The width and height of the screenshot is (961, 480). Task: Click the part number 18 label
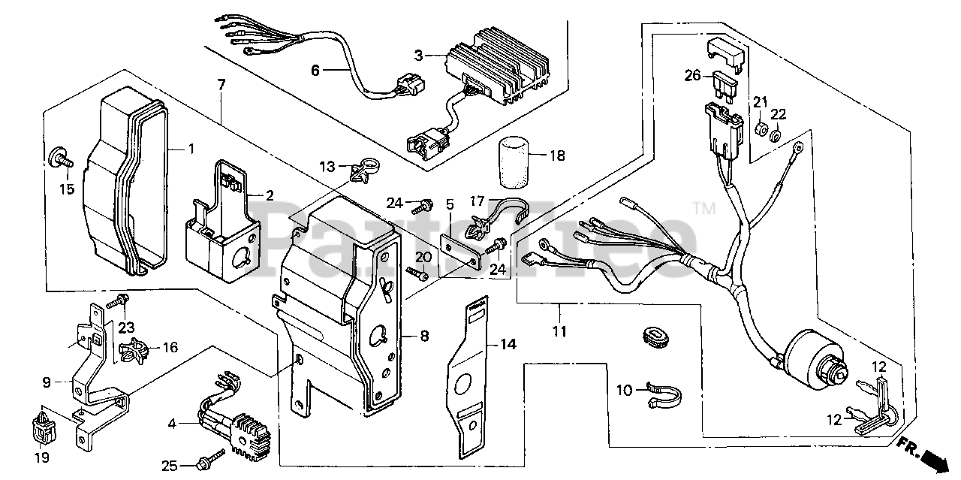(556, 156)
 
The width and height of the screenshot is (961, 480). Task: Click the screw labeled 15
(60, 158)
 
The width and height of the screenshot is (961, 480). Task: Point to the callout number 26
(692, 75)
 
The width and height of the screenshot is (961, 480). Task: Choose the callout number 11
(560, 331)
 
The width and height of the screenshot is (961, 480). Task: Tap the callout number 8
(424, 337)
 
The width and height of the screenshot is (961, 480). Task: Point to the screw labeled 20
(416, 273)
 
